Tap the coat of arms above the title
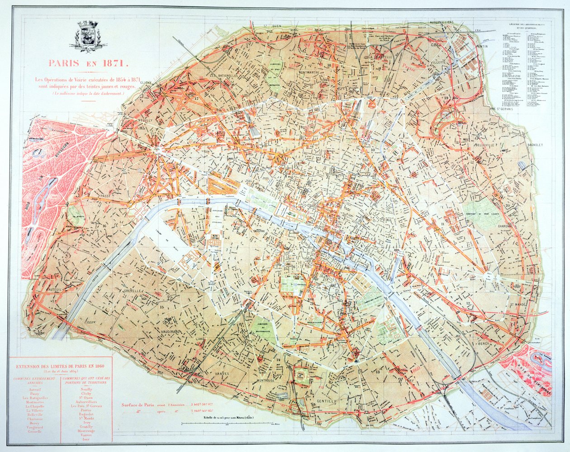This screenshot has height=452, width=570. tap(89, 34)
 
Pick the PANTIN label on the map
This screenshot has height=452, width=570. tap(480, 47)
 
